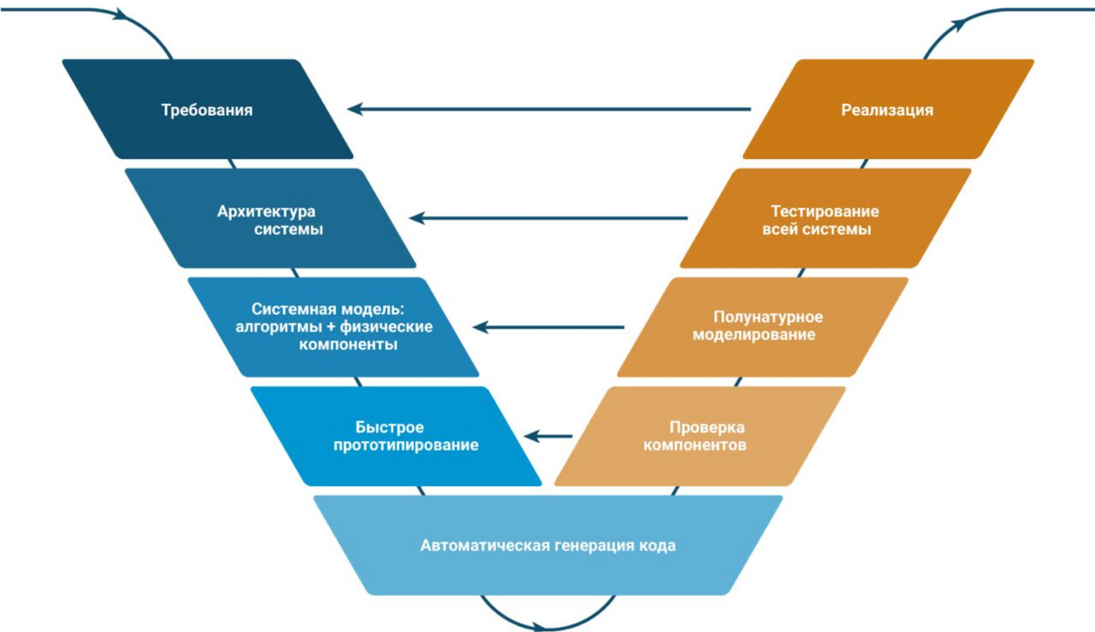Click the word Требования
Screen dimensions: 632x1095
point(207,110)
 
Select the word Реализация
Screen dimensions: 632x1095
point(886,110)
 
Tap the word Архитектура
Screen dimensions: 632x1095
point(266,211)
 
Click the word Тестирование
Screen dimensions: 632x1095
point(825,211)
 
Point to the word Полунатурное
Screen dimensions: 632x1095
point(768,317)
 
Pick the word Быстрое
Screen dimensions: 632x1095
point(389,427)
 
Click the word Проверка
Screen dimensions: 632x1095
point(707,427)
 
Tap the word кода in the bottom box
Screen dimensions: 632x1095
point(656,545)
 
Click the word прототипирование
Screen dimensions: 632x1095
point(405,445)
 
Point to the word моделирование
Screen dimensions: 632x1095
point(753,335)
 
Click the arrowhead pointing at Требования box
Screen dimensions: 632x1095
point(355,109)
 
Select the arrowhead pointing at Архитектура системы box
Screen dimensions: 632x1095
point(418,218)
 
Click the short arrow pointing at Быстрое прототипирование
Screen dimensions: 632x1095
point(547,436)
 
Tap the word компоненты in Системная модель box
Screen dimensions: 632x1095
point(348,345)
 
